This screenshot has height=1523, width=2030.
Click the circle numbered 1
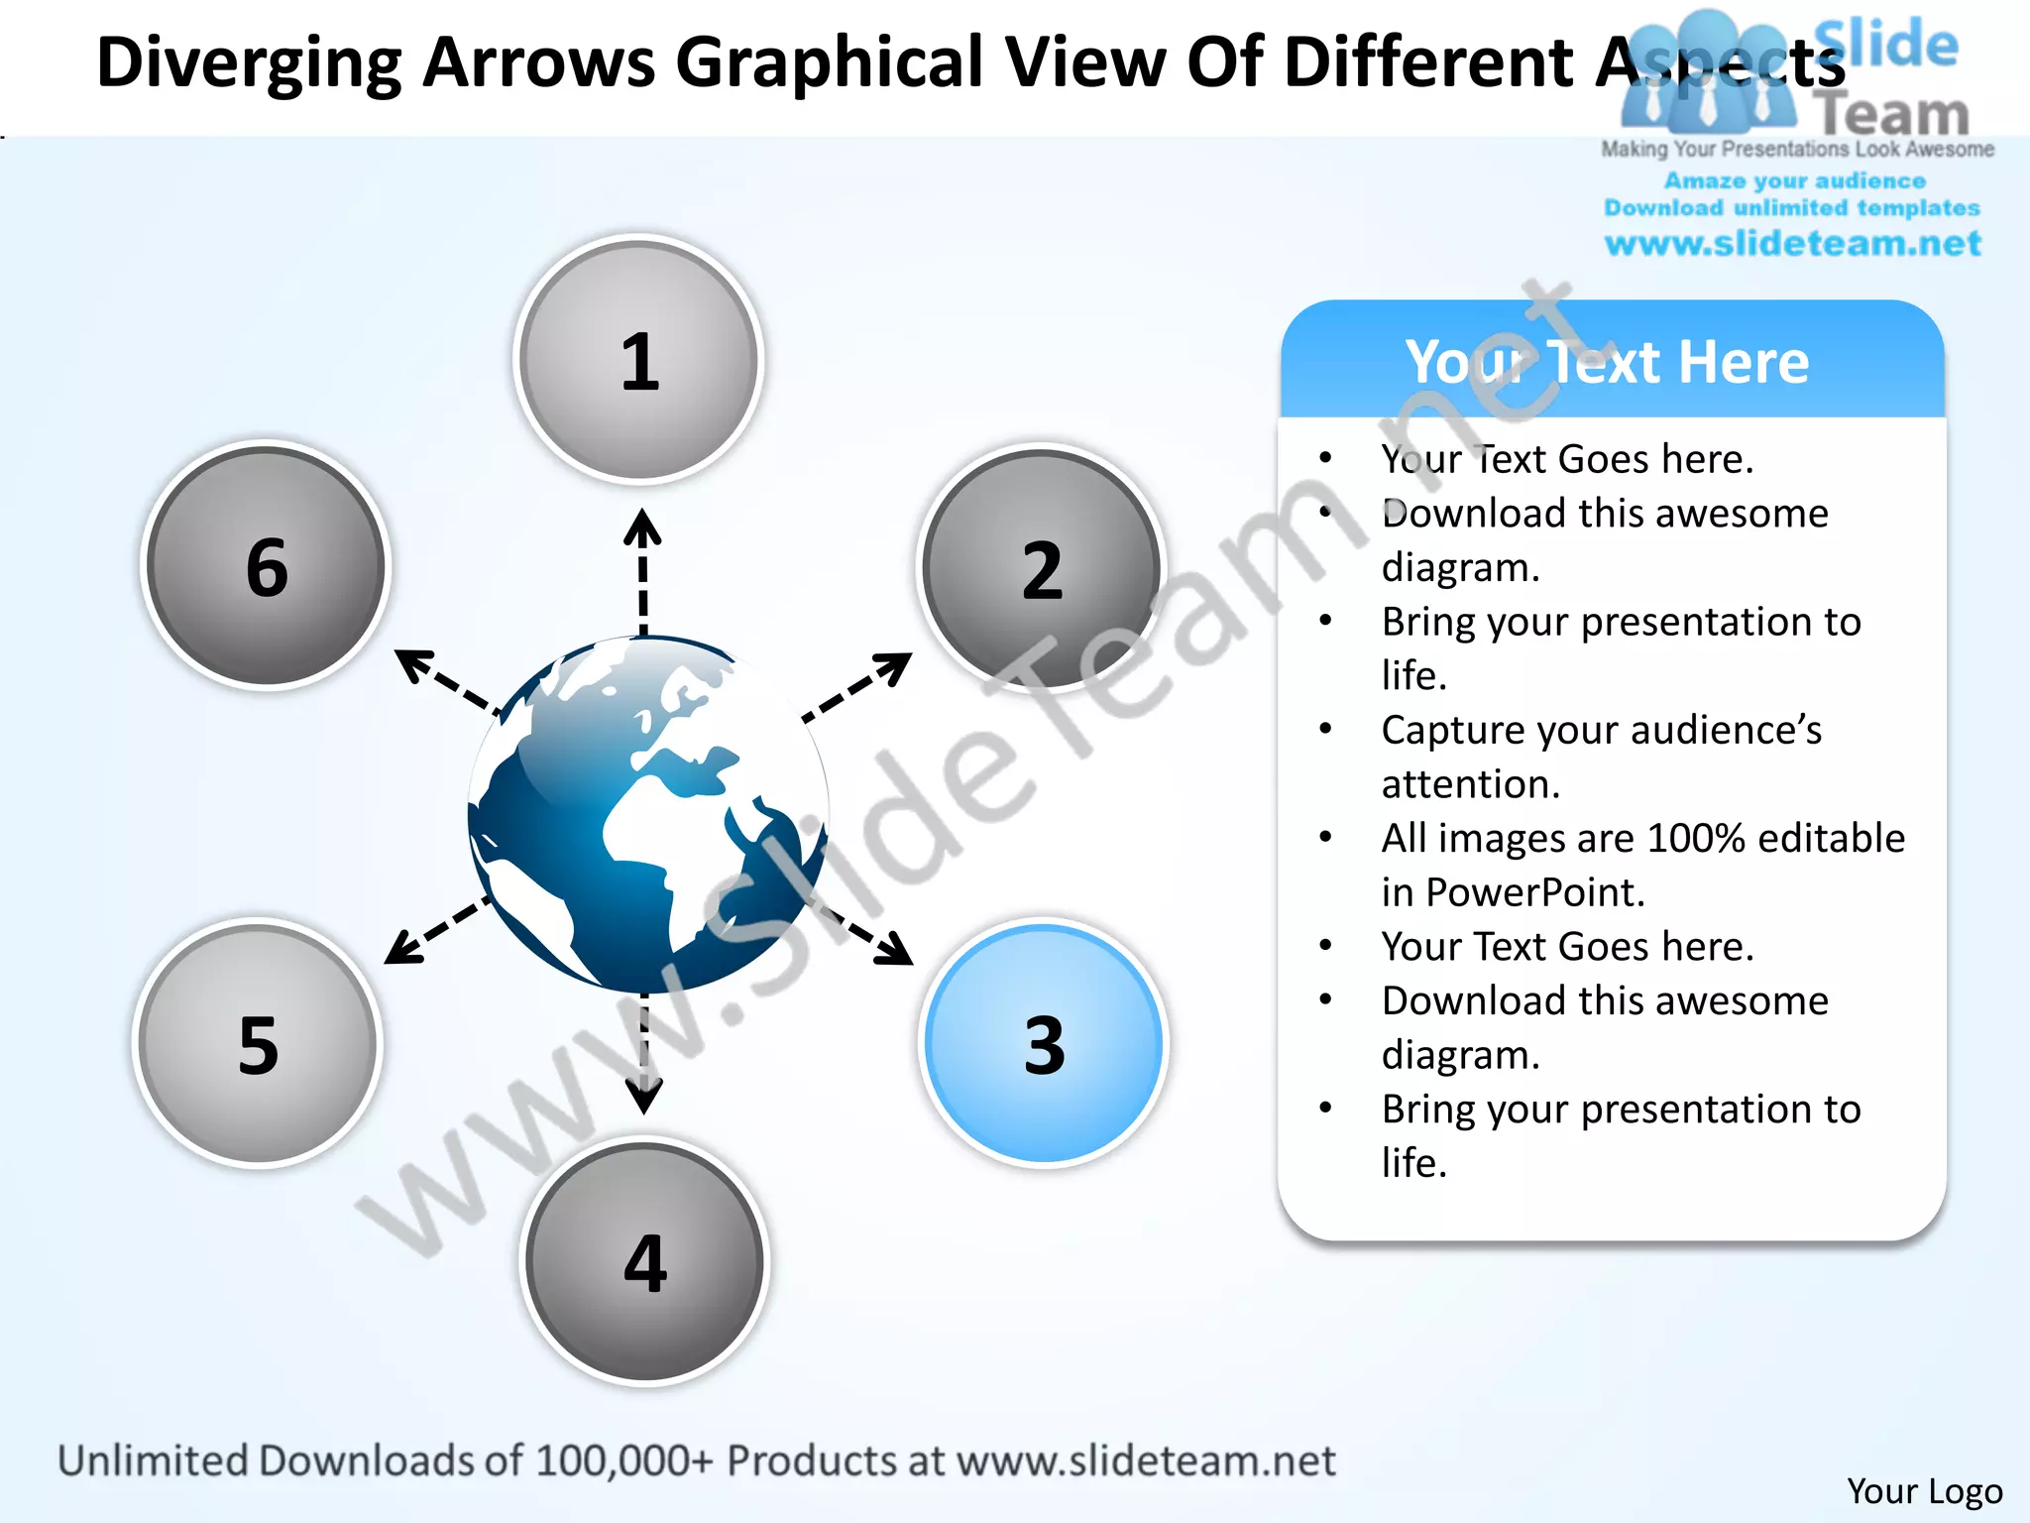(x=639, y=360)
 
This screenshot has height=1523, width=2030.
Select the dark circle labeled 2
(x=1041, y=568)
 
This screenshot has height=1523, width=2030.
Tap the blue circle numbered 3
(x=1044, y=1043)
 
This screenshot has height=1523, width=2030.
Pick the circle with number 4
(x=644, y=1261)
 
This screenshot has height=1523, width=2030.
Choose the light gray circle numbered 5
(x=258, y=1043)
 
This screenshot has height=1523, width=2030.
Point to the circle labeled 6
(x=266, y=566)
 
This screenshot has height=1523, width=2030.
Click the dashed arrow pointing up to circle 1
(x=643, y=570)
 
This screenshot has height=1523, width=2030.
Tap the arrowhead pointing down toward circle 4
(x=644, y=1095)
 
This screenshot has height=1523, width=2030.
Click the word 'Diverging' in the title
(x=249, y=63)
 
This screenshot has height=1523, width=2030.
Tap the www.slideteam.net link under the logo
(x=1792, y=244)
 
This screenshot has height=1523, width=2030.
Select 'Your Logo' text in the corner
(x=1924, y=1490)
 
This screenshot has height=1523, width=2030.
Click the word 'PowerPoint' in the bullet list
(x=1534, y=892)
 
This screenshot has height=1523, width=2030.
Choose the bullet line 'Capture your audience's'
(x=1601, y=730)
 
